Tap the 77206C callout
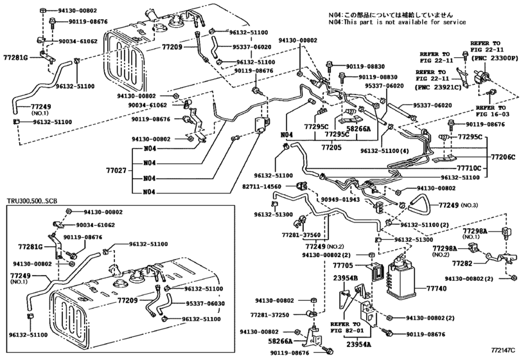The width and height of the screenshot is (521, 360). click(x=504, y=156)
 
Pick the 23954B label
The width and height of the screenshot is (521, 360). click(x=345, y=279)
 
